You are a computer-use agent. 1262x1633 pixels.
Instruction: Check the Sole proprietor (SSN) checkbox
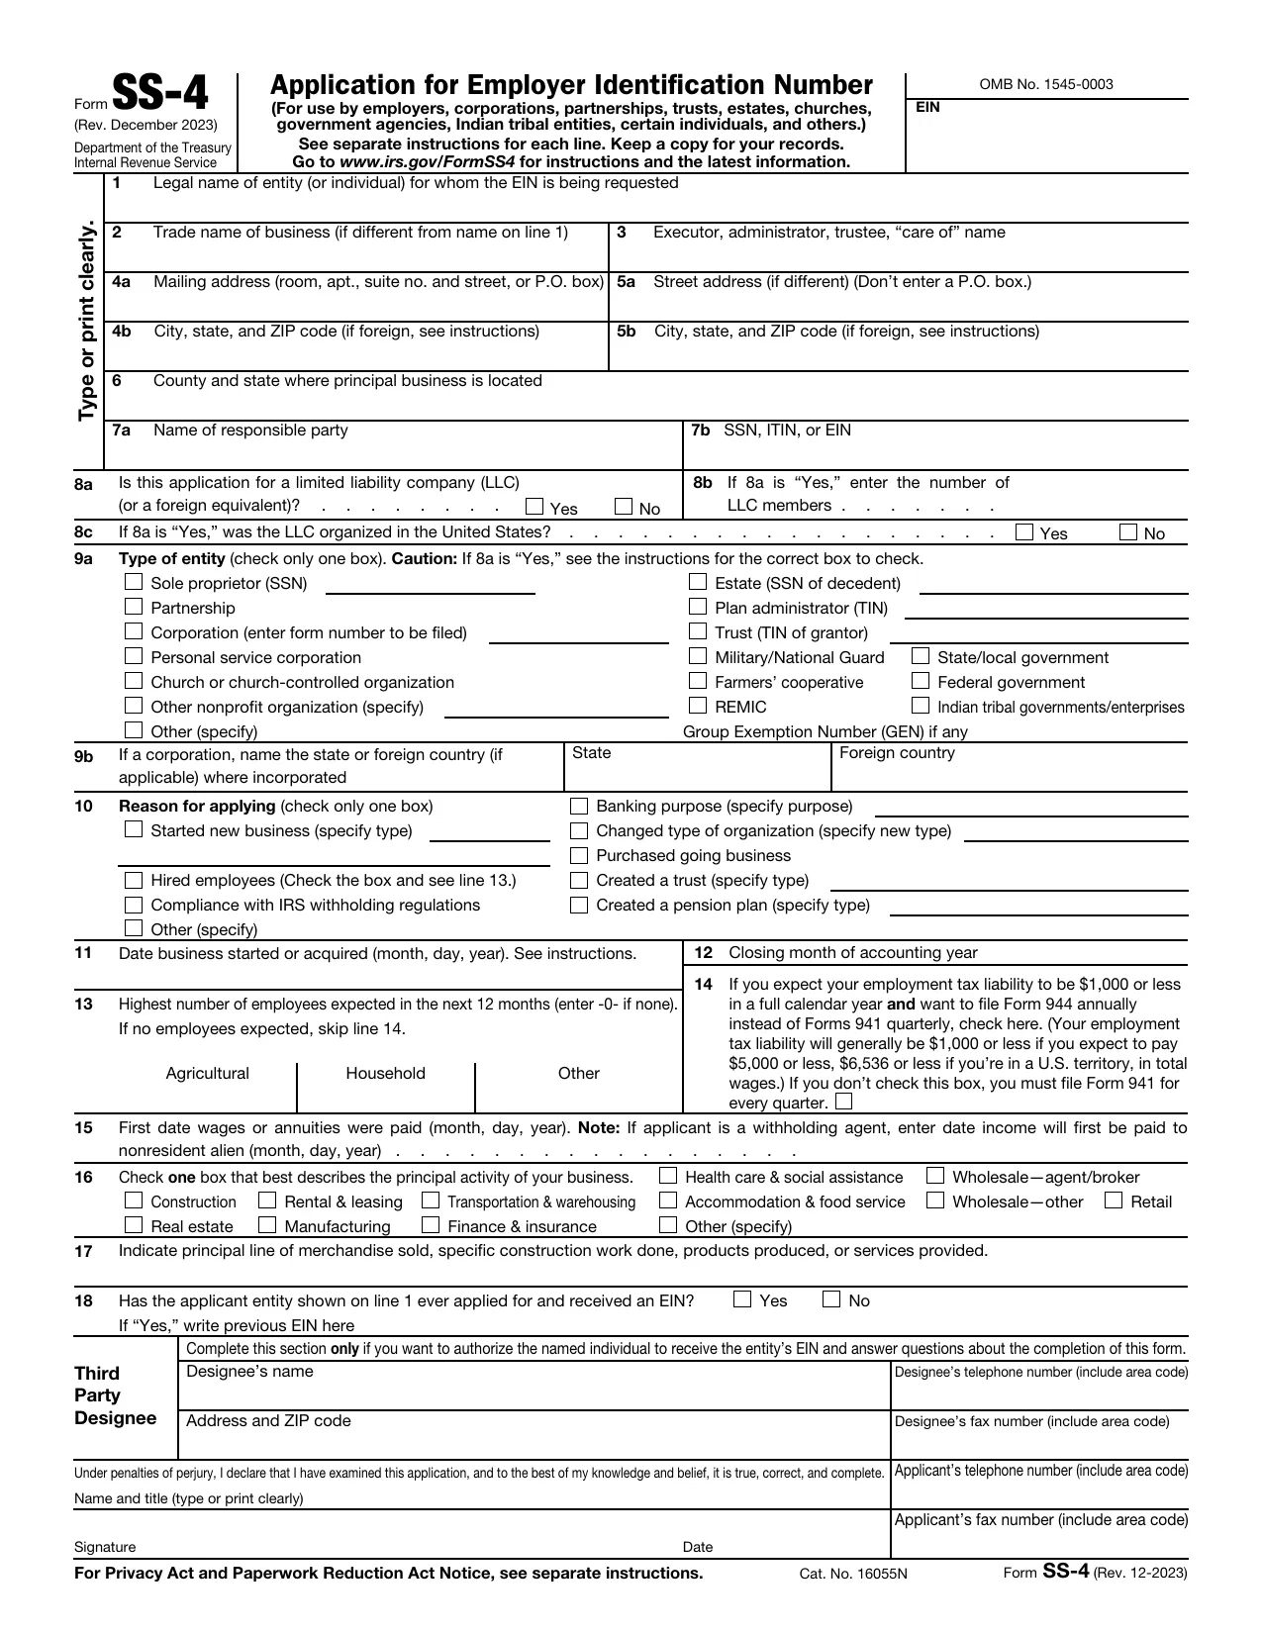coord(134,583)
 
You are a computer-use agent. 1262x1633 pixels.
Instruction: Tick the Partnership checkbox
coord(134,607)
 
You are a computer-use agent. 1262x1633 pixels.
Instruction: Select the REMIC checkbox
coord(698,706)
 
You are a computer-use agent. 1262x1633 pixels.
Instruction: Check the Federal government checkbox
coord(921,681)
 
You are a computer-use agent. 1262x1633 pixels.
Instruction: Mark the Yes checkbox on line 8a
coord(534,508)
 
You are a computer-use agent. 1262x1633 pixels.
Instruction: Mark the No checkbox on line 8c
coord(1128,532)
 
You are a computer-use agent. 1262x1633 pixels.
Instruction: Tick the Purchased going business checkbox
coord(579,855)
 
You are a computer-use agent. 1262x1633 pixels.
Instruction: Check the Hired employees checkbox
coord(134,880)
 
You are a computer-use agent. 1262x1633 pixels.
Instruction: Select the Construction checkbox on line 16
coord(134,1201)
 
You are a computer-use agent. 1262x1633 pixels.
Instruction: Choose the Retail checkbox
coord(1114,1201)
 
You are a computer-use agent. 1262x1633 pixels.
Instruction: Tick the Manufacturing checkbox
coord(267,1225)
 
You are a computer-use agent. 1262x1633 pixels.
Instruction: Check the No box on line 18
coord(831,1299)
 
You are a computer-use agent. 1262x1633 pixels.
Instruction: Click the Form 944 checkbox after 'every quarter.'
coord(843,1102)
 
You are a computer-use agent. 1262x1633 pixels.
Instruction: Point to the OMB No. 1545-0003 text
coord(1046,84)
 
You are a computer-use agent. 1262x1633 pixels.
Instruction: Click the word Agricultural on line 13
coord(208,1074)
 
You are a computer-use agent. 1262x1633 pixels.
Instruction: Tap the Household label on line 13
coord(385,1074)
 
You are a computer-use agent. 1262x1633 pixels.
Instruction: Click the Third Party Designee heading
coord(115,1395)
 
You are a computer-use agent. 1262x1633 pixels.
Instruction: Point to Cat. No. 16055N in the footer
coord(853,1574)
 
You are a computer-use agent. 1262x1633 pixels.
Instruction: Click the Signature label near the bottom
coord(105,1547)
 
